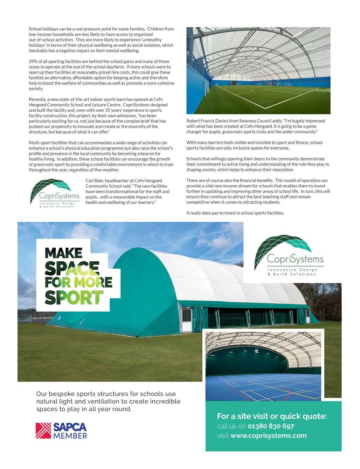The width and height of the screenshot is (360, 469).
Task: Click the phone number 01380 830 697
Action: [x=271, y=426]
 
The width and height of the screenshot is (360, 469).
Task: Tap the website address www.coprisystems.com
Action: [x=268, y=436]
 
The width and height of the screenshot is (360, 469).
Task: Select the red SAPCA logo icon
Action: [x=43, y=430]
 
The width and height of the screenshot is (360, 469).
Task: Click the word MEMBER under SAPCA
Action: [x=70, y=436]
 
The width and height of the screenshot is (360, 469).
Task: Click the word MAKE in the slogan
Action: [x=63, y=253]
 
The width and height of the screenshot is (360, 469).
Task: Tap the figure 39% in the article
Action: [x=34, y=62]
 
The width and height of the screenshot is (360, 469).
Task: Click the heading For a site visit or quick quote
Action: [x=272, y=416]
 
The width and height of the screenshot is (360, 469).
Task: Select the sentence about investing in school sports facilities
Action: [x=235, y=213]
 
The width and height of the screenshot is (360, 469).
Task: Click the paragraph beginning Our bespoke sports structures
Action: [x=108, y=401]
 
